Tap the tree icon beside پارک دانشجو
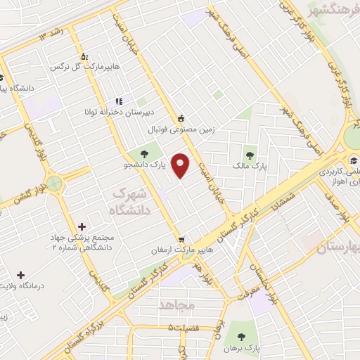144,152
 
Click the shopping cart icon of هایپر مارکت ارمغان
181,240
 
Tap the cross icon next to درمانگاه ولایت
20,275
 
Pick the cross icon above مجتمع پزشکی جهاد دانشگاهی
82,226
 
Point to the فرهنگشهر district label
334,11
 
